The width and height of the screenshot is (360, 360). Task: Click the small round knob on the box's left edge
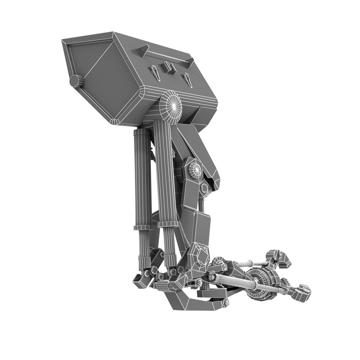76,81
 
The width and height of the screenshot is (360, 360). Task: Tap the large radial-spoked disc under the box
171,107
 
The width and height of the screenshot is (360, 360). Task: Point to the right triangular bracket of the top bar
189,61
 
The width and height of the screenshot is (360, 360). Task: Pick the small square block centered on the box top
169,68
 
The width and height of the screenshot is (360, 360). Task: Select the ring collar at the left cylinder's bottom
143,228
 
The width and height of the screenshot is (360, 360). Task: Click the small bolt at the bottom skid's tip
226,303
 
